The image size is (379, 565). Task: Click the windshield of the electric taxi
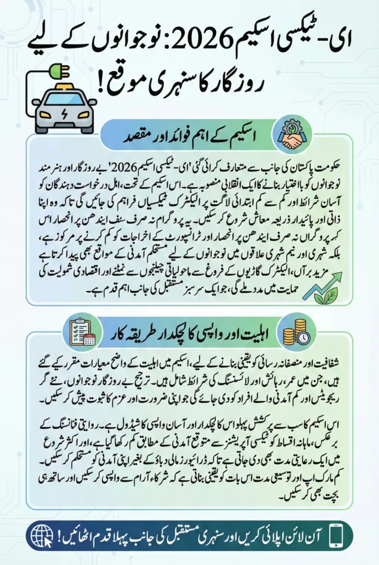click(64, 98)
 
